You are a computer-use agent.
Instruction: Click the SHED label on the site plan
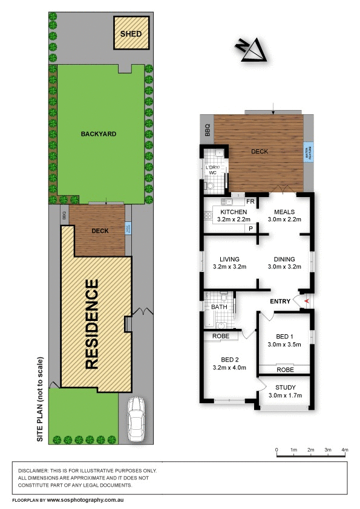tap(131, 34)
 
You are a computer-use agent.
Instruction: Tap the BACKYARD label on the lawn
tap(99, 134)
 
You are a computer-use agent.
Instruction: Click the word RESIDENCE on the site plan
tap(92, 324)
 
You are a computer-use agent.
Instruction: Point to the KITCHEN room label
tap(233, 212)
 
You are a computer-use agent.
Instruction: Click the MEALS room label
tap(284, 212)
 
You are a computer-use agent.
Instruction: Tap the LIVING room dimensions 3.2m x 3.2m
tap(230, 265)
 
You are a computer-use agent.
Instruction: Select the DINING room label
tap(284, 257)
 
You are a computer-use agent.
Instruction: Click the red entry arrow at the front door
tap(307, 301)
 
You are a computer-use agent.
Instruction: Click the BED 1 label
tap(284, 336)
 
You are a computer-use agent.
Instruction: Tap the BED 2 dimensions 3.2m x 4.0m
tap(230, 367)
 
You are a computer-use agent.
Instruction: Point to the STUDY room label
tap(284, 387)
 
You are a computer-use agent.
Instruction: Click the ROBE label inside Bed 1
tap(284, 369)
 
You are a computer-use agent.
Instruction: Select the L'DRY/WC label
tap(212, 170)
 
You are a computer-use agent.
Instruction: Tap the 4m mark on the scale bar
tap(345, 450)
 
